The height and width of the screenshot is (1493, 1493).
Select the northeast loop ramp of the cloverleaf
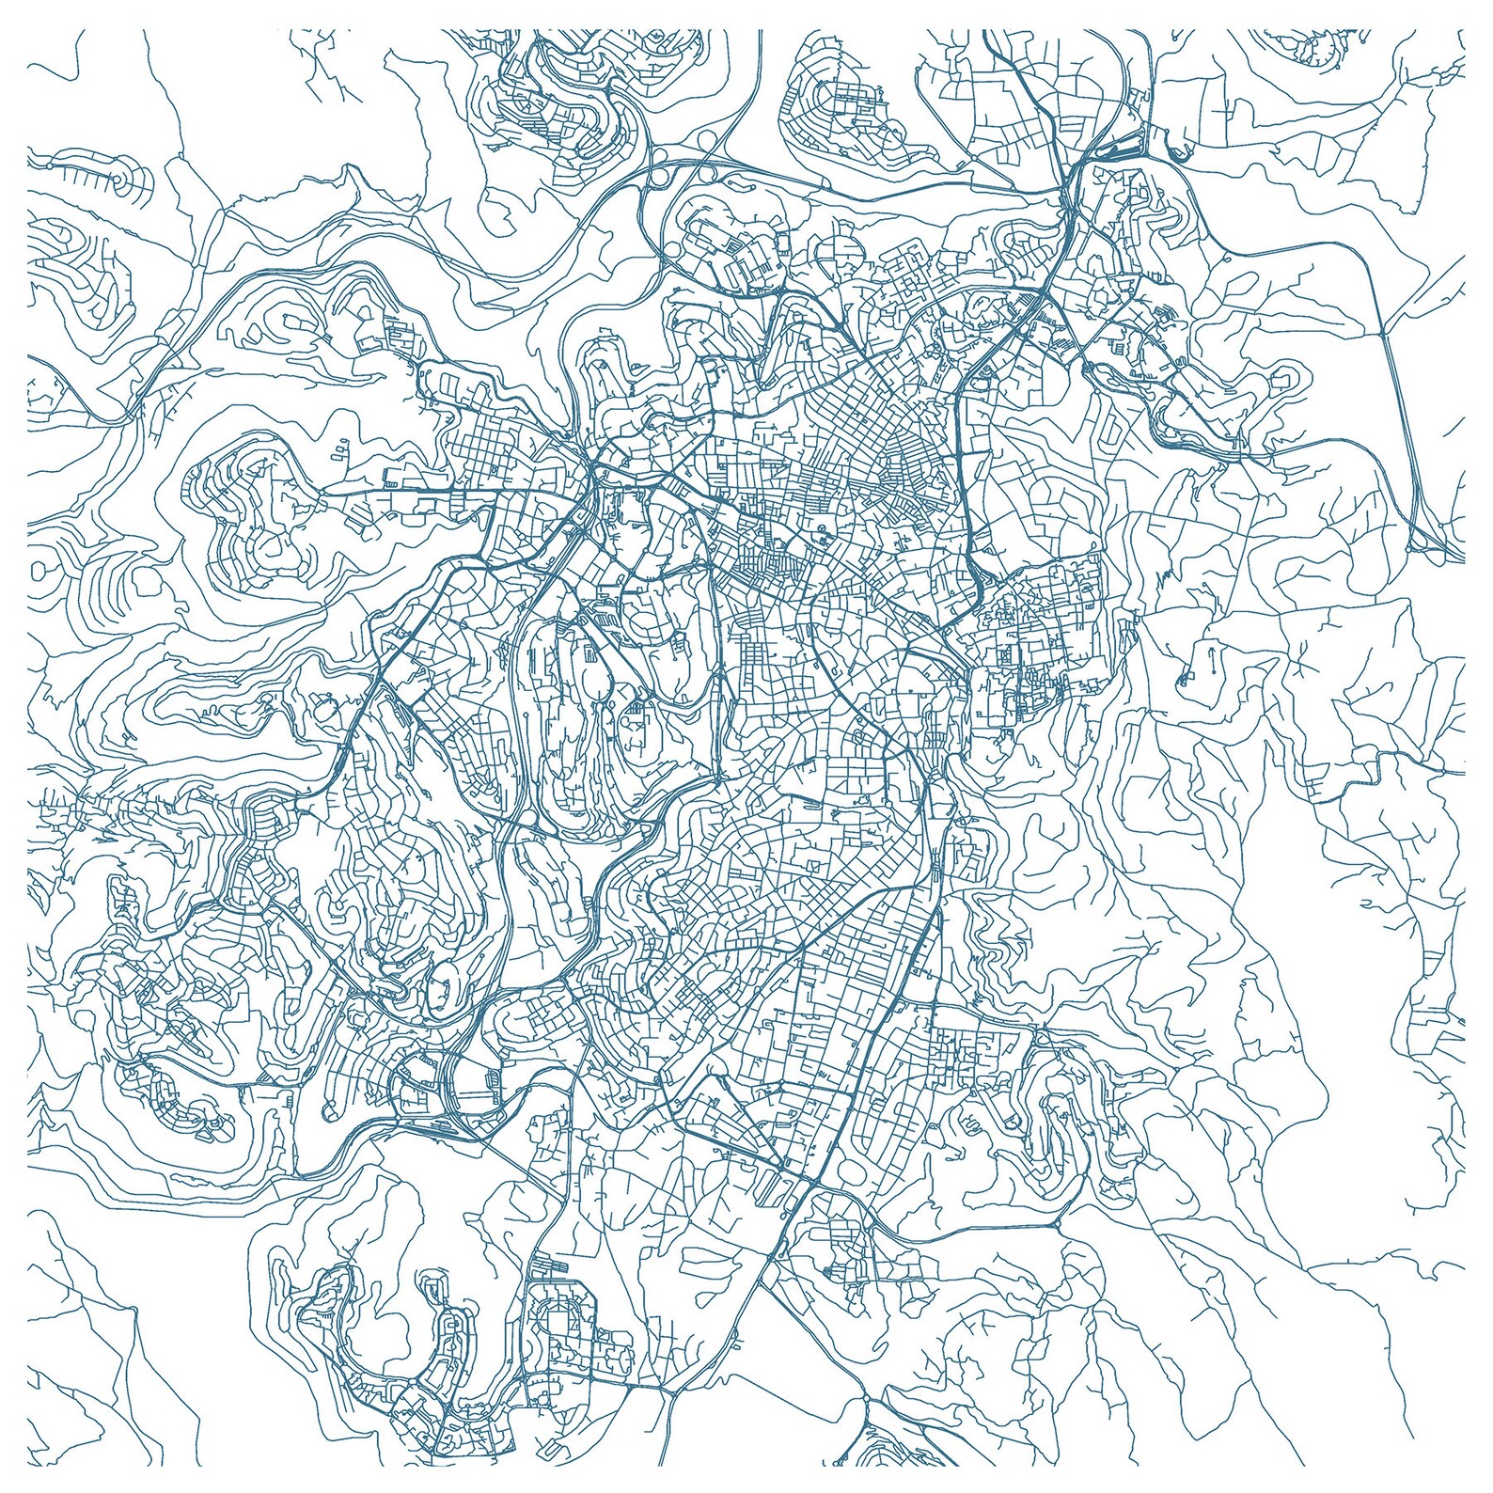click(x=712, y=140)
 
